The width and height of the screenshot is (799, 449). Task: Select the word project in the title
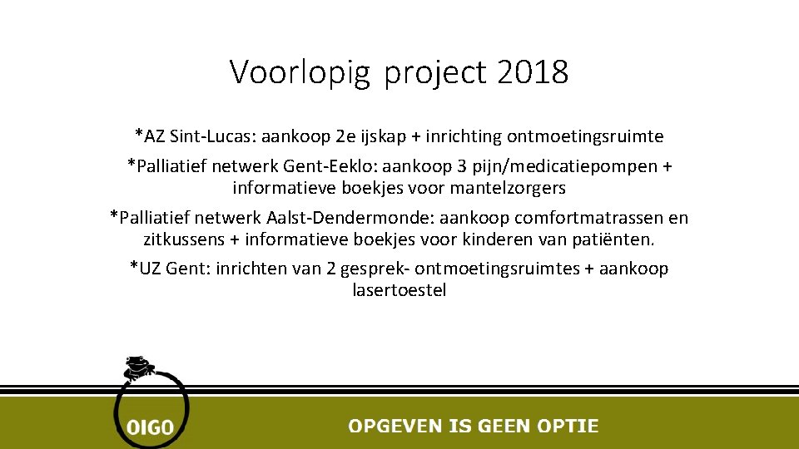(x=435, y=73)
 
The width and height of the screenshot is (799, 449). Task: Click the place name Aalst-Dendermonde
(x=347, y=219)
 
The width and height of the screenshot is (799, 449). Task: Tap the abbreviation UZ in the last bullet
(x=151, y=269)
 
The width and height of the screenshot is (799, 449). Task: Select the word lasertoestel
(x=399, y=290)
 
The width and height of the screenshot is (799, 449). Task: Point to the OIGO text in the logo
(x=150, y=427)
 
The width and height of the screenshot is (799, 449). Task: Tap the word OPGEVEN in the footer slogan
(x=395, y=426)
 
